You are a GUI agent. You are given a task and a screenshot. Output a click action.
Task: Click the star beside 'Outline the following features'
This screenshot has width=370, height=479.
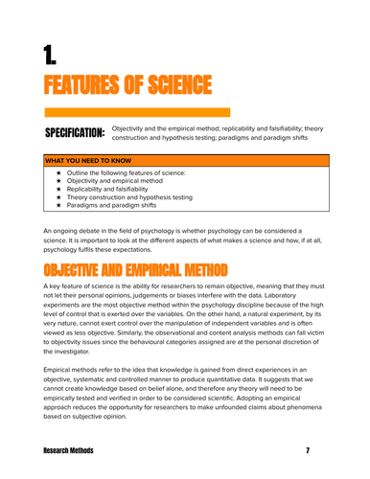[59, 172]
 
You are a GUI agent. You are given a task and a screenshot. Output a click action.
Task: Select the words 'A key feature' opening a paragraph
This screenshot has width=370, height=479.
[65, 286]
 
